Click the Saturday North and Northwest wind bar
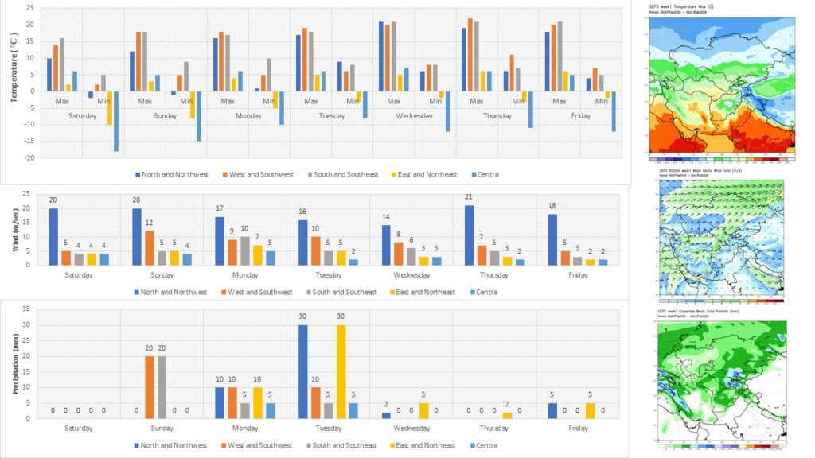click(53, 236)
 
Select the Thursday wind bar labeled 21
click(468, 235)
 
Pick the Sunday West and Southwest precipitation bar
click(148, 387)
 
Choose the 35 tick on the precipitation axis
click(29, 309)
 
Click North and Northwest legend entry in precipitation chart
click(172, 445)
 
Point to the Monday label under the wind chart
click(245, 275)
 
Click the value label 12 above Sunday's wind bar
click(148, 223)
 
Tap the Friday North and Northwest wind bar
click(551, 239)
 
